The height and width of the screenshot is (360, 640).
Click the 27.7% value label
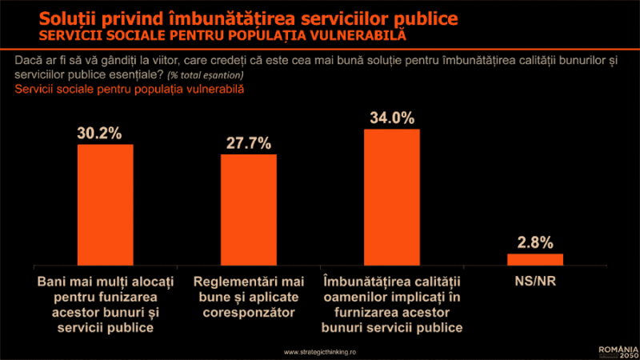click(x=248, y=143)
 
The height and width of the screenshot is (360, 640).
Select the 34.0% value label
click(x=392, y=118)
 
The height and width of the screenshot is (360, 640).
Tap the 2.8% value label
click(x=535, y=242)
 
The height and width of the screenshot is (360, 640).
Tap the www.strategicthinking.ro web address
click(x=320, y=351)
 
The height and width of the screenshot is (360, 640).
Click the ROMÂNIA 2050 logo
click(x=618, y=350)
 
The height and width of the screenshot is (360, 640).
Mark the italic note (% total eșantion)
click(x=206, y=75)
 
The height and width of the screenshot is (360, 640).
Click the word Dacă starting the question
click(x=27, y=60)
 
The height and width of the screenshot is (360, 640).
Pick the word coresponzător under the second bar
click(x=248, y=313)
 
